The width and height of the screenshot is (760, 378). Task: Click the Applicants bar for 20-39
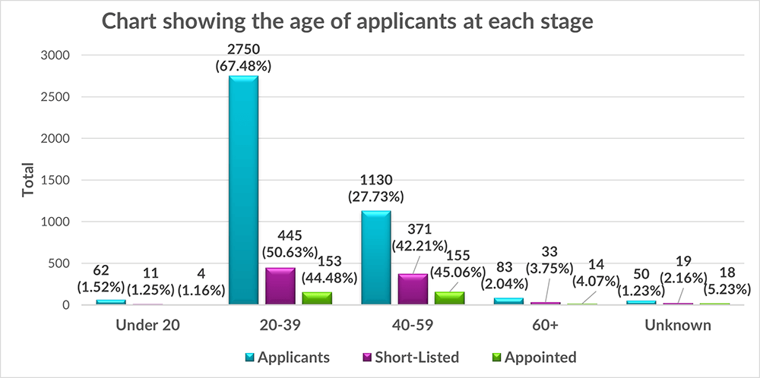pos(243,190)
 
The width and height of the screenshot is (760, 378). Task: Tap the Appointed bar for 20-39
pos(317,298)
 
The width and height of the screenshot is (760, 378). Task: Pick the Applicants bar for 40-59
pos(377,258)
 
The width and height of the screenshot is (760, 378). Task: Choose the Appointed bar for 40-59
pos(450,298)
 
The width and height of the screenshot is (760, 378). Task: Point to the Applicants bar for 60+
pos(510,301)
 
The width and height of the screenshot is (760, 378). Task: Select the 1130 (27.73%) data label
pos(377,189)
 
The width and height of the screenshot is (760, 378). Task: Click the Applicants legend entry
pos(293,358)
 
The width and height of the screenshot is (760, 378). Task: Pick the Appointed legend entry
pos(538,358)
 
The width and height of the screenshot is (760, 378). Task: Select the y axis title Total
pos(28,180)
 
